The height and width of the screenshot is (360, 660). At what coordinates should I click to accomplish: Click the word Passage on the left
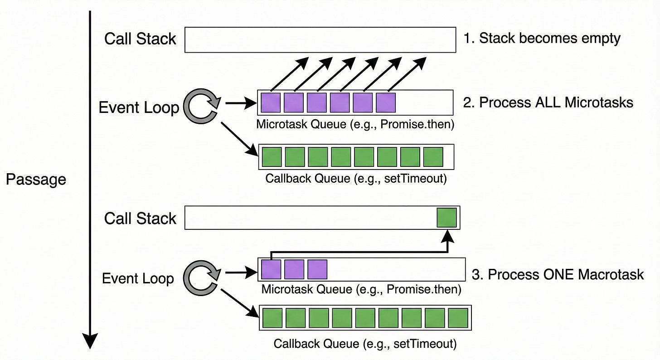click(x=36, y=180)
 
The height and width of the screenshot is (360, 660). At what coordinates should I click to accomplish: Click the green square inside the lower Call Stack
click(x=447, y=218)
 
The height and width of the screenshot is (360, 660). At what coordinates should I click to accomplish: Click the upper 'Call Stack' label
click(x=140, y=39)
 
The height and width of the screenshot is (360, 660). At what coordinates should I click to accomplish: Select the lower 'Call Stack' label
click(x=140, y=219)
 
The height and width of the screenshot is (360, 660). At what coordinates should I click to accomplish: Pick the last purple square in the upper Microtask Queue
click(x=386, y=102)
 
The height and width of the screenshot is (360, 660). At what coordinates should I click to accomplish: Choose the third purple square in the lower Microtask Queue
click(x=317, y=269)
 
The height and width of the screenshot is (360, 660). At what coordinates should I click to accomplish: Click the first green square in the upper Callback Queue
click(x=272, y=156)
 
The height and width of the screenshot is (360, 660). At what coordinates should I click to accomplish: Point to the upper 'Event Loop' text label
click(x=139, y=108)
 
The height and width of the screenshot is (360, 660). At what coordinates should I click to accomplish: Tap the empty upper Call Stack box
click(x=320, y=39)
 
